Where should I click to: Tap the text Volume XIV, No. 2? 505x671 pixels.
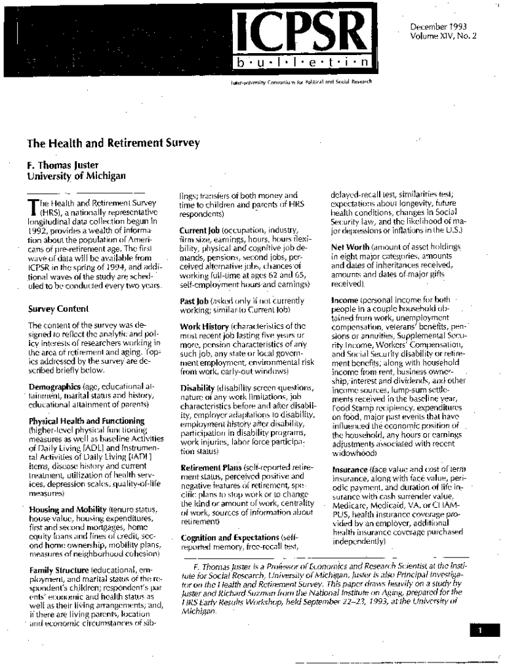[443, 36]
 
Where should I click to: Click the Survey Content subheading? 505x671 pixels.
[58, 308]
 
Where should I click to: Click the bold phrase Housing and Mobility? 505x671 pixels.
[71, 508]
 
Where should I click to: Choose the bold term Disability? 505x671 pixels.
[197, 388]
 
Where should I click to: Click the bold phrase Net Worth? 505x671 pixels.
[351, 248]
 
